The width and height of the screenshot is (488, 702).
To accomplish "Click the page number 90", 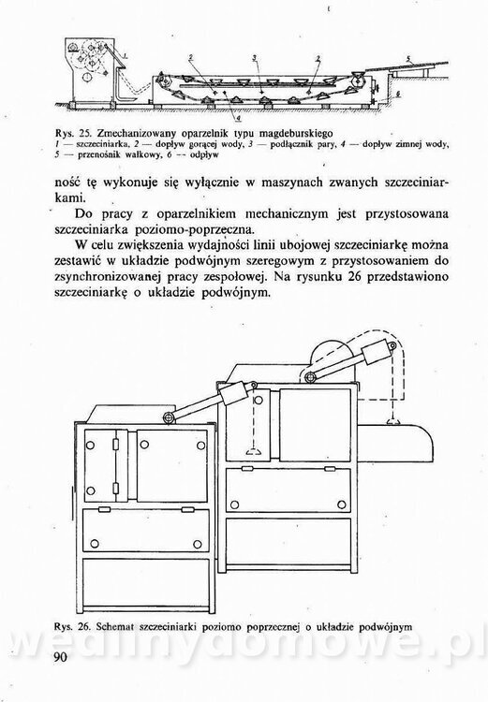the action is [61, 657].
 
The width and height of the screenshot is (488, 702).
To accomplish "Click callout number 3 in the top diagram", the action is [254, 57].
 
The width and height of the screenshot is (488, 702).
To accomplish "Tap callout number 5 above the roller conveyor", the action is [408, 59].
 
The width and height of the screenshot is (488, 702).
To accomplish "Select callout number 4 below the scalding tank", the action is [239, 118].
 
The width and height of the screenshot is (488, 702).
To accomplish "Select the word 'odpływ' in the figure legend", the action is [204, 155].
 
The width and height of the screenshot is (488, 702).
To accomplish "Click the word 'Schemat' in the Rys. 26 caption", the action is [115, 627].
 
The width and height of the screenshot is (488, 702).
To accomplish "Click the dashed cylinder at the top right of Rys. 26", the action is [377, 352].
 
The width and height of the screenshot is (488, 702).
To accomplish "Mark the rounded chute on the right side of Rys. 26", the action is [395, 444].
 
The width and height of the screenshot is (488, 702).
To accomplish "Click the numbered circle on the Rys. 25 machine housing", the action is [87, 78].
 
